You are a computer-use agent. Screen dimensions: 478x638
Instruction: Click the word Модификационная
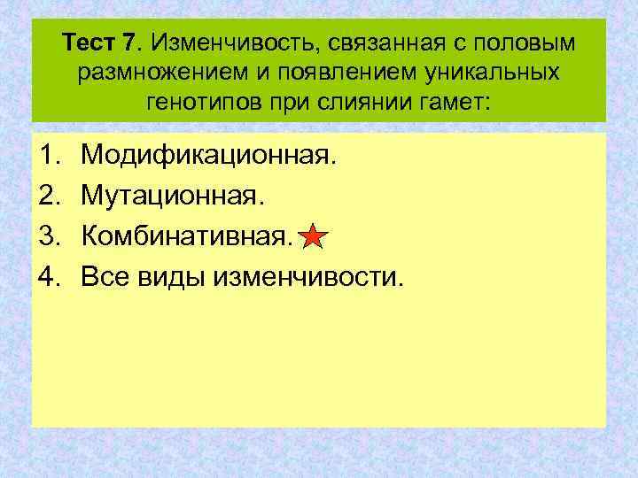pyautogui.click(x=209, y=157)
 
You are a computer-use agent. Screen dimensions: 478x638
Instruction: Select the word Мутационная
pyautogui.click(x=173, y=197)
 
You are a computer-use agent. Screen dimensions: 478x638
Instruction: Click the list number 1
pyautogui.click(x=49, y=157)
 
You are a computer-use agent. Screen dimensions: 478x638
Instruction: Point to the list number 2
pyautogui.click(x=49, y=197)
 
